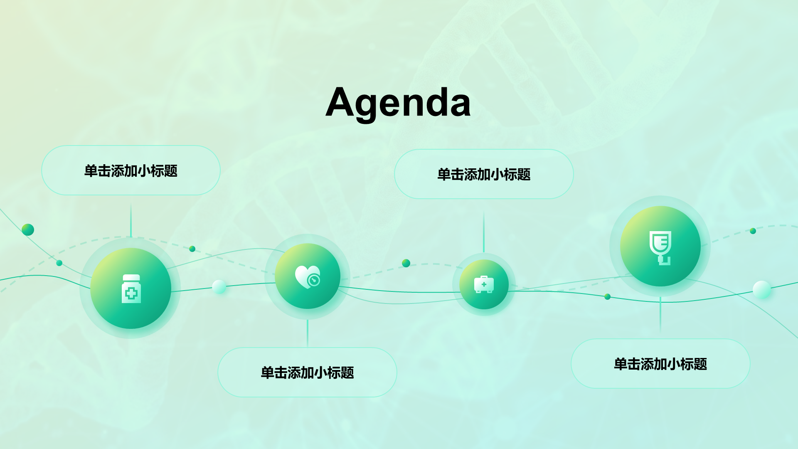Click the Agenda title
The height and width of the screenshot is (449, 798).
pos(398,102)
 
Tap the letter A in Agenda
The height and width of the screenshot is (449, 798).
pos(342,102)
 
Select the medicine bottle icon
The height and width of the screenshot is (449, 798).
pos(131,289)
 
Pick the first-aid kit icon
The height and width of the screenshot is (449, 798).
pos(484,284)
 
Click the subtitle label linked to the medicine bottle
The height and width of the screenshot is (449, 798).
pos(131,170)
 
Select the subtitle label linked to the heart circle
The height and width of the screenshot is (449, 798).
pos(307,373)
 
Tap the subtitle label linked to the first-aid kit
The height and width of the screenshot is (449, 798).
pos(484,174)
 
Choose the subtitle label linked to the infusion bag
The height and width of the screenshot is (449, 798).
pos(660,364)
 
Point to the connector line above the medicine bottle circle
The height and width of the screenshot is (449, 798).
pos(131,220)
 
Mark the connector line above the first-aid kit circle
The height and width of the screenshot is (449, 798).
pos(484,231)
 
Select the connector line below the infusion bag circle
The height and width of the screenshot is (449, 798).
pos(660,314)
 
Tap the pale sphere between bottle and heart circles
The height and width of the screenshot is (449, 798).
pos(219,287)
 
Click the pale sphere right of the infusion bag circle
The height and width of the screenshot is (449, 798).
pos(762,290)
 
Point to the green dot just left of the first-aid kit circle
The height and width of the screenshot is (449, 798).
pos(406,263)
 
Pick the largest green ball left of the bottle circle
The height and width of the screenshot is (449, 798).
pos(28,229)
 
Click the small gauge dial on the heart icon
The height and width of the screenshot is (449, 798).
pos(314,281)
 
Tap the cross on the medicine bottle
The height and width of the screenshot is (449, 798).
pos(131,294)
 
